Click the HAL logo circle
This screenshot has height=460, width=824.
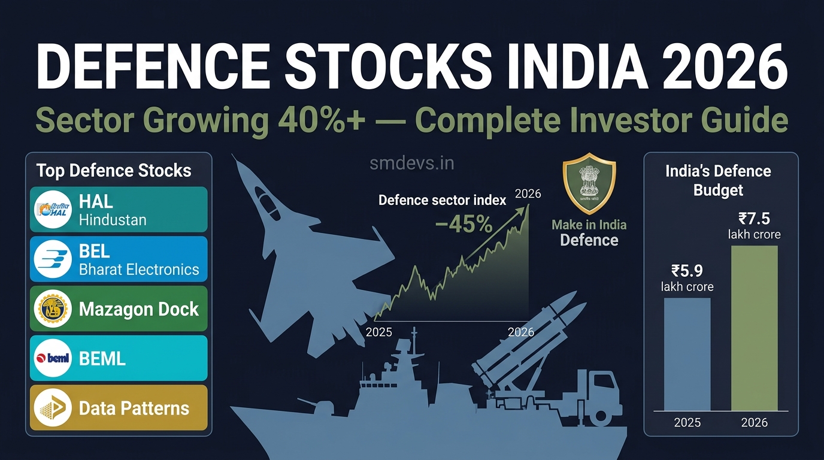click(x=53, y=210)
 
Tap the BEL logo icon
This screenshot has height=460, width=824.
click(x=53, y=259)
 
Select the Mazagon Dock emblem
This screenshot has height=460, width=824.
click(x=53, y=308)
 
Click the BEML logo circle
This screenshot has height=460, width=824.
click(x=53, y=358)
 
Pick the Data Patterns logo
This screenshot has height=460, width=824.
click(x=53, y=408)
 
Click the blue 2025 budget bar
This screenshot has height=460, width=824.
click(x=687, y=354)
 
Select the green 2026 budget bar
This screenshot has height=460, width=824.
click(x=755, y=328)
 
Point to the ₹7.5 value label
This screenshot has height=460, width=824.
click(x=754, y=219)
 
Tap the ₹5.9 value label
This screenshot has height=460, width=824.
click(x=687, y=271)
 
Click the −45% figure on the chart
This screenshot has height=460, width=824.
click(x=463, y=224)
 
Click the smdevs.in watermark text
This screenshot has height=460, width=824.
click(x=411, y=164)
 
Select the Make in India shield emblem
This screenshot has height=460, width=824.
click(x=589, y=183)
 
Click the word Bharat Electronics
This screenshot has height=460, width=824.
click(x=139, y=270)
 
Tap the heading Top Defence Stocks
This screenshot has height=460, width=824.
click(x=114, y=171)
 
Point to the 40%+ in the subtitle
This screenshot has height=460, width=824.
click(x=322, y=120)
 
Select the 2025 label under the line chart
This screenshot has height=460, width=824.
click(x=379, y=332)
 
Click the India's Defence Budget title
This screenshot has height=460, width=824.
click(x=718, y=181)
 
